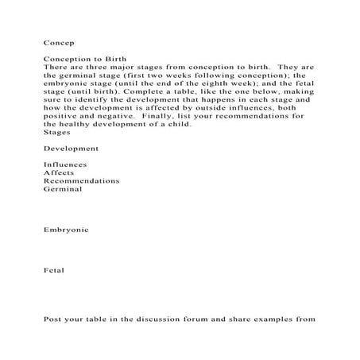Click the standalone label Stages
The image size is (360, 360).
click(x=56, y=133)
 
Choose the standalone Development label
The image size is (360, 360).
click(x=72, y=149)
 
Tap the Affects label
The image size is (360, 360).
click(x=60, y=172)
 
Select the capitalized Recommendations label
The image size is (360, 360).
click(x=82, y=180)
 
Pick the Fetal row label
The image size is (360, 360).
click(x=55, y=270)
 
